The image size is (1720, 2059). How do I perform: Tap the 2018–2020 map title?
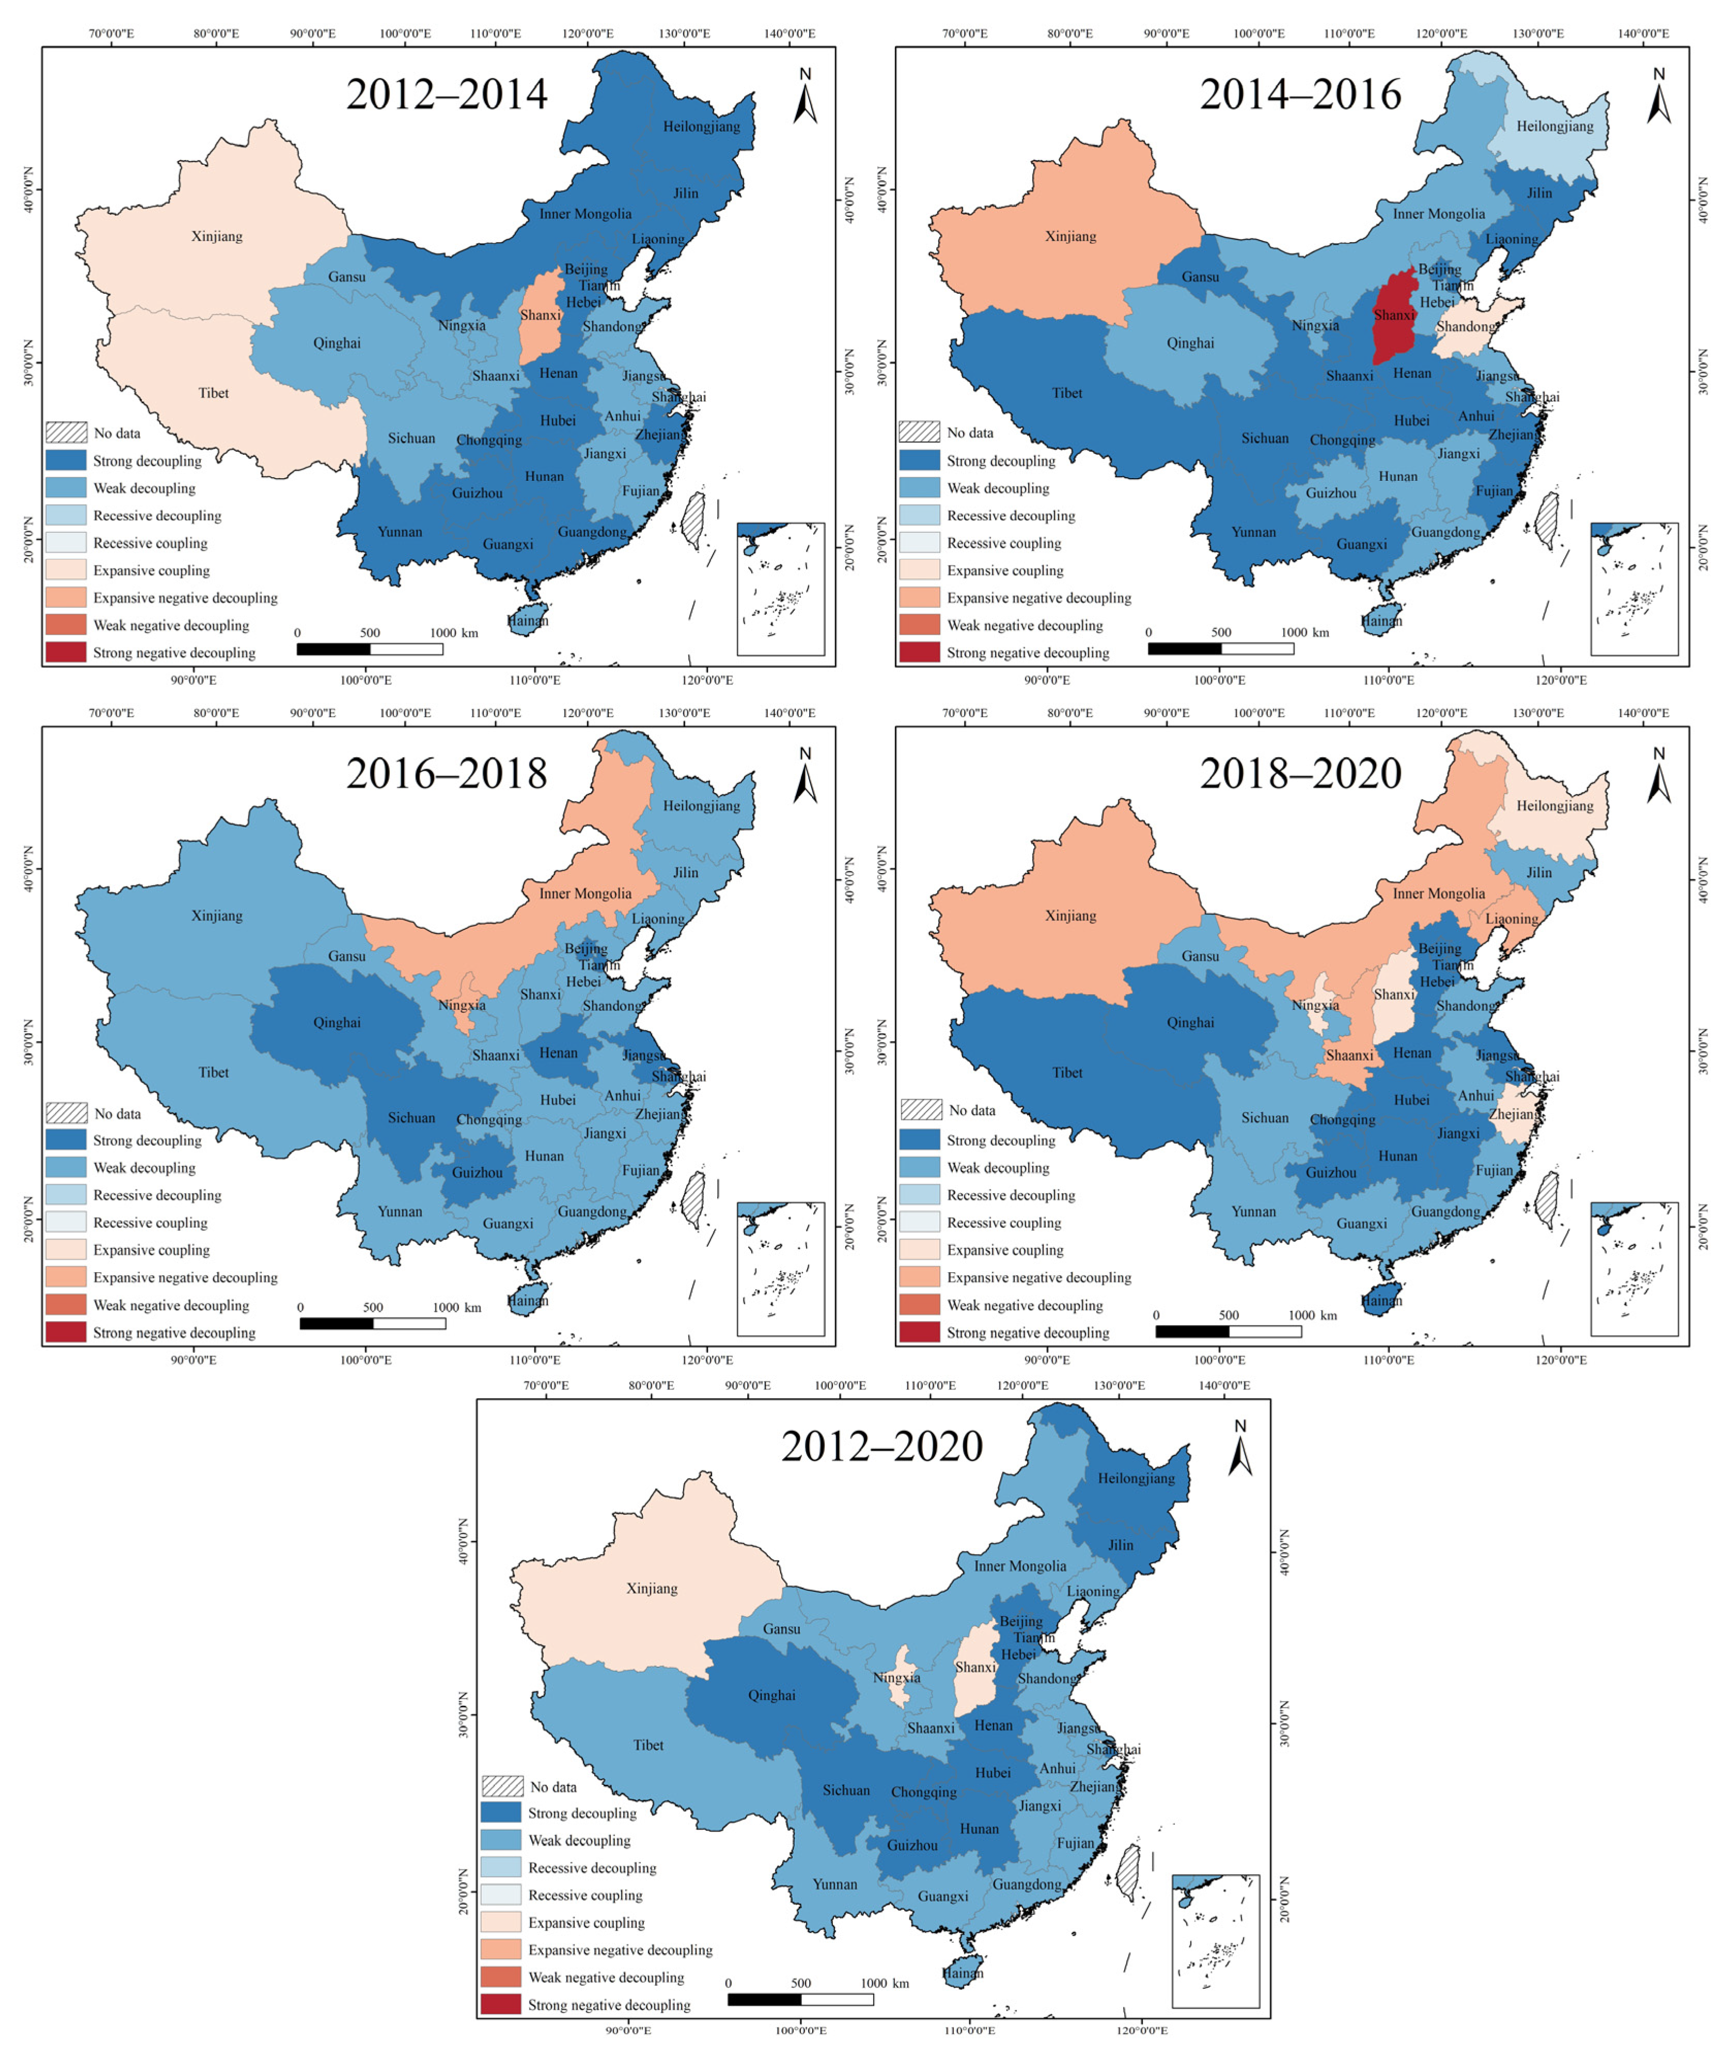1300,773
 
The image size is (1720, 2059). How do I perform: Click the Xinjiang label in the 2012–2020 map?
651,1588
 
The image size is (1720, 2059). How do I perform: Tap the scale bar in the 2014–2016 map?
1221,648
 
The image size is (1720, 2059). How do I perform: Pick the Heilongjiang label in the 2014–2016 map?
1554,126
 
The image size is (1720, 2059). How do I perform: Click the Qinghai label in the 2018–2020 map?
1190,1023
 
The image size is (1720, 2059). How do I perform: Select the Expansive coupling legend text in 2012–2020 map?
587,1923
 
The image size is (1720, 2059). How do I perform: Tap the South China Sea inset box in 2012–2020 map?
1215,1941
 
